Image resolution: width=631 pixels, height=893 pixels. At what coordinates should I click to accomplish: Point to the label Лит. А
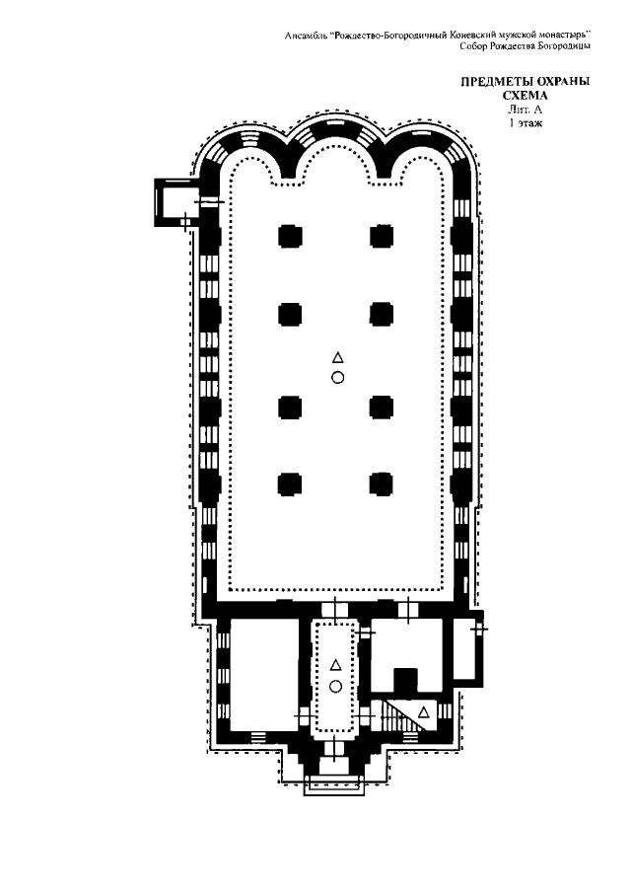(x=525, y=110)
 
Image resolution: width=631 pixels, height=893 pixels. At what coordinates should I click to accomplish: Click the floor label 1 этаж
(x=526, y=122)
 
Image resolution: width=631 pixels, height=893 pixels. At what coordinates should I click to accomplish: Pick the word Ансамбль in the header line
(x=306, y=36)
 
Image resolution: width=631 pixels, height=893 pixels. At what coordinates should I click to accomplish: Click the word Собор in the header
(x=472, y=46)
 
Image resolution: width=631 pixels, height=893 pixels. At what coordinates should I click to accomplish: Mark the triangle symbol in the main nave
(x=338, y=357)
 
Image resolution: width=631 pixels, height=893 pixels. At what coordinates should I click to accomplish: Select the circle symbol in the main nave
(x=338, y=377)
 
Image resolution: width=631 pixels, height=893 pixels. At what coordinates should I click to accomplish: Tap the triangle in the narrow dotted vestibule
(x=335, y=665)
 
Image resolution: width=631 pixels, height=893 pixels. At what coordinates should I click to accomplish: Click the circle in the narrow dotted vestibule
(x=335, y=686)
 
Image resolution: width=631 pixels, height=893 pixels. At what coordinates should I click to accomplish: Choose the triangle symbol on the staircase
(x=423, y=711)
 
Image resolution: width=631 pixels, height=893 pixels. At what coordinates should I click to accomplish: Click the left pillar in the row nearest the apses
(x=290, y=236)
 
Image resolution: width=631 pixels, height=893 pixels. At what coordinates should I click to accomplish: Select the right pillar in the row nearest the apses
(x=382, y=236)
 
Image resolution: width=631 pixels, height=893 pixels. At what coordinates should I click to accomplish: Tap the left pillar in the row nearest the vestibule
(x=290, y=484)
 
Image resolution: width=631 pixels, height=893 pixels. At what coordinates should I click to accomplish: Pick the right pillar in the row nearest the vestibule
(x=382, y=484)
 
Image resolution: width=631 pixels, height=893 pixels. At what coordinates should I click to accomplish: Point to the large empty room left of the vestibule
(x=265, y=675)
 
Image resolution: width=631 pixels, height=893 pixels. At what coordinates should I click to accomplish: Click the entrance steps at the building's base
(x=333, y=785)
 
